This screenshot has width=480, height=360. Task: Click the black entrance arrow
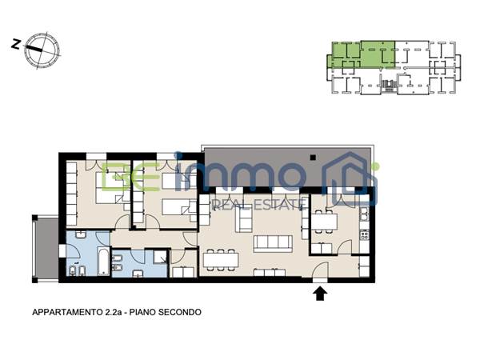pyautogui.click(x=320, y=294)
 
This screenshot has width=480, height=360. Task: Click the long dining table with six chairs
pyautogui.click(x=221, y=258)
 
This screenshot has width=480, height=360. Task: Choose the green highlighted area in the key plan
pyautogui.click(x=360, y=56)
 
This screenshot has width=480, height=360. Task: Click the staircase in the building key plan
pyautogui.click(x=389, y=85)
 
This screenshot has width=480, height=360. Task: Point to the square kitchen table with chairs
pyautogui.click(x=324, y=221)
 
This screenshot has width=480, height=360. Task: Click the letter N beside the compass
pyautogui.click(x=15, y=45)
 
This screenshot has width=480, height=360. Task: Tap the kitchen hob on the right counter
pyautogui.click(x=365, y=234)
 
